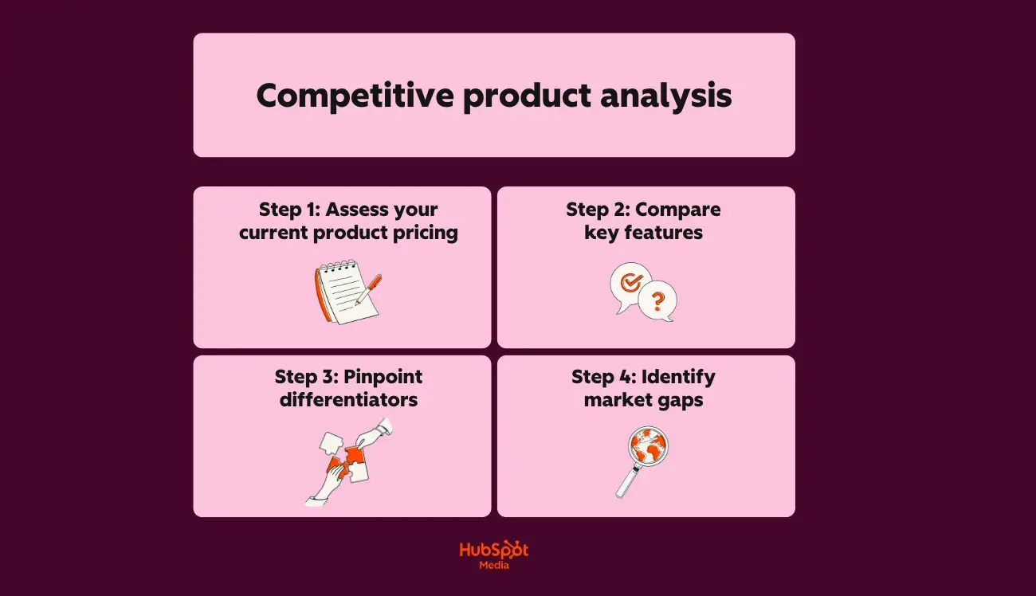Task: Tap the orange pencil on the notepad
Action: coord(369,288)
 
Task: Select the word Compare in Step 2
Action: coord(677,210)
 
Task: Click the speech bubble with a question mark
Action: coord(658,301)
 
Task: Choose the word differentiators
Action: coord(348,399)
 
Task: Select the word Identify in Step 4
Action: coord(677,376)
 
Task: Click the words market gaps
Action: coord(643,399)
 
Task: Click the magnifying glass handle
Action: coord(625,483)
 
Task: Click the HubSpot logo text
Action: coord(493,551)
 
